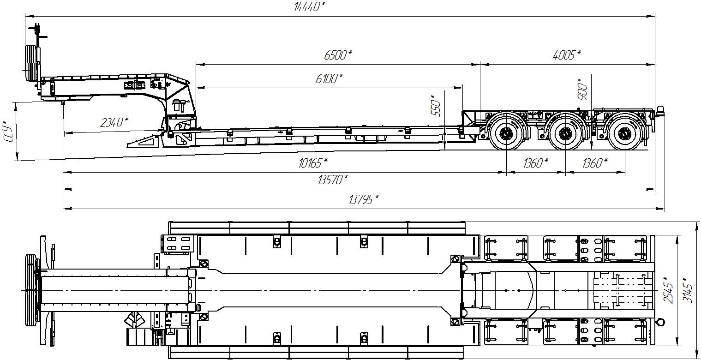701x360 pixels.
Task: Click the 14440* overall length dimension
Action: point(310,6)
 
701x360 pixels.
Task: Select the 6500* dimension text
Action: point(338,55)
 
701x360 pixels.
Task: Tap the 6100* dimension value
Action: point(329,78)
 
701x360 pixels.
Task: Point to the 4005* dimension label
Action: point(567,55)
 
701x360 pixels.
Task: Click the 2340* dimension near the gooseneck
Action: point(114,122)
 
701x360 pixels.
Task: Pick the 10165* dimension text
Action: point(313,163)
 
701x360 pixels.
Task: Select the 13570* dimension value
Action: point(333,180)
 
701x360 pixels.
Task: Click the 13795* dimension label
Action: point(364,199)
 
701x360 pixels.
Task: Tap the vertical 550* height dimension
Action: point(436,106)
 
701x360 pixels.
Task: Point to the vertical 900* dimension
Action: point(582,89)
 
